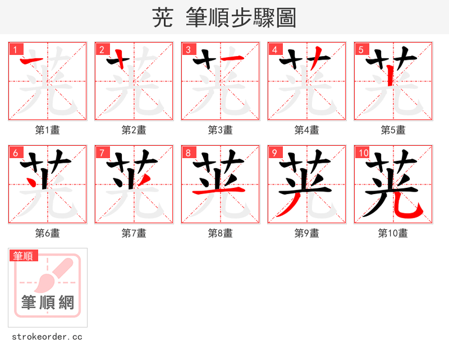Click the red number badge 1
(15, 49)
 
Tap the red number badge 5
(361, 49)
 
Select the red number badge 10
(363, 153)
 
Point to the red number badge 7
(102, 153)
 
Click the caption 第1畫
(48, 130)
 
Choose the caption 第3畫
(221, 130)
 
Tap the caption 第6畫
(48, 233)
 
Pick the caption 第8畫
(221, 233)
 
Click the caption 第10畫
(393, 233)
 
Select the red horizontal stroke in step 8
(220, 191)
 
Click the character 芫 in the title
(162, 18)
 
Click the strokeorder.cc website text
(47, 337)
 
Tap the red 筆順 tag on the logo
(24, 256)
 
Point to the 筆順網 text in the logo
(48, 303)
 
